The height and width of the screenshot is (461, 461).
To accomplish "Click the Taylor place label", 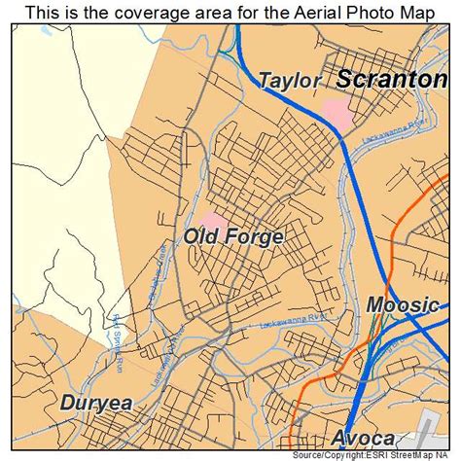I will (x=289, y=82).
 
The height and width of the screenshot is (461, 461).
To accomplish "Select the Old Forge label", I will (x=233, y=237).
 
